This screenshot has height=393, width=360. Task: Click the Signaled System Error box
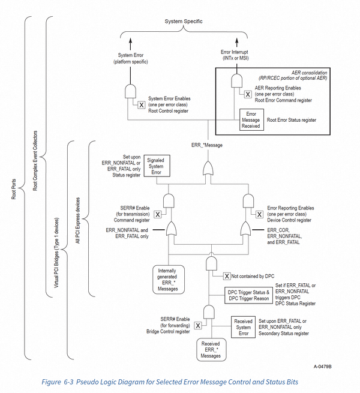pyautogui.click(x=157, y=166)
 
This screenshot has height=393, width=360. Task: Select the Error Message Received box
pyautogui.click(x=251, y=120)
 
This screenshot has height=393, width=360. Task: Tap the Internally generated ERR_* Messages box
pyautogui.click(x=169, y=280)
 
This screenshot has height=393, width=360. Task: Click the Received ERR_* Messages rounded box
pyautogui.click(x=211, y=350)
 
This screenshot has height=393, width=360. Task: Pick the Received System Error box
pyautogui.click(x=243, y=327)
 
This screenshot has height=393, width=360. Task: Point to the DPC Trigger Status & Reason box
pyautogui.click(x=248, y=295)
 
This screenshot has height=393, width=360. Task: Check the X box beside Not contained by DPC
pyautogui.click(x=227, y=276)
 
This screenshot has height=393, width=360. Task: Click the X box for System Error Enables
pyautogui.click(x=142, y=105)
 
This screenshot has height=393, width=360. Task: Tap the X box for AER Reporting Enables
pyautogui.click(x=248, y=94)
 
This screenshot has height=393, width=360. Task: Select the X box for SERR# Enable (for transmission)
pyautogui.click(x=157, y=215)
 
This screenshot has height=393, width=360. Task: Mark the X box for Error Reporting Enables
pyautogui.click(x=259, y=215)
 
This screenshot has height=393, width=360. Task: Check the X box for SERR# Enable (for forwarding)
pyautogui.click(x=198, y=325)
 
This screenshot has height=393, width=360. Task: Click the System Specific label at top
pyautogui.click(x=184, y=22)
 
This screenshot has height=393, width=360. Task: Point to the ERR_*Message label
pyautogui.click(x=207, y=145)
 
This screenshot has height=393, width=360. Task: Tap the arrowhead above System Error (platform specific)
pyautogui.click(x=130, y=41)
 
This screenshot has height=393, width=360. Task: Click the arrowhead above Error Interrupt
pyautogui.click(x=237, y=41)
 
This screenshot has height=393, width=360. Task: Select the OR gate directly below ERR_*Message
pyautogui.click(x=208, y=169)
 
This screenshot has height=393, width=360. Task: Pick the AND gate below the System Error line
pyautogui.click(x=130, y=91)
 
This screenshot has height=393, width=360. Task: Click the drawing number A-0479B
pyautogui.click(x=322, y=367)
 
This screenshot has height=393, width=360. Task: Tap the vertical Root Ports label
pyautogui.click(x=14, y=189)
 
